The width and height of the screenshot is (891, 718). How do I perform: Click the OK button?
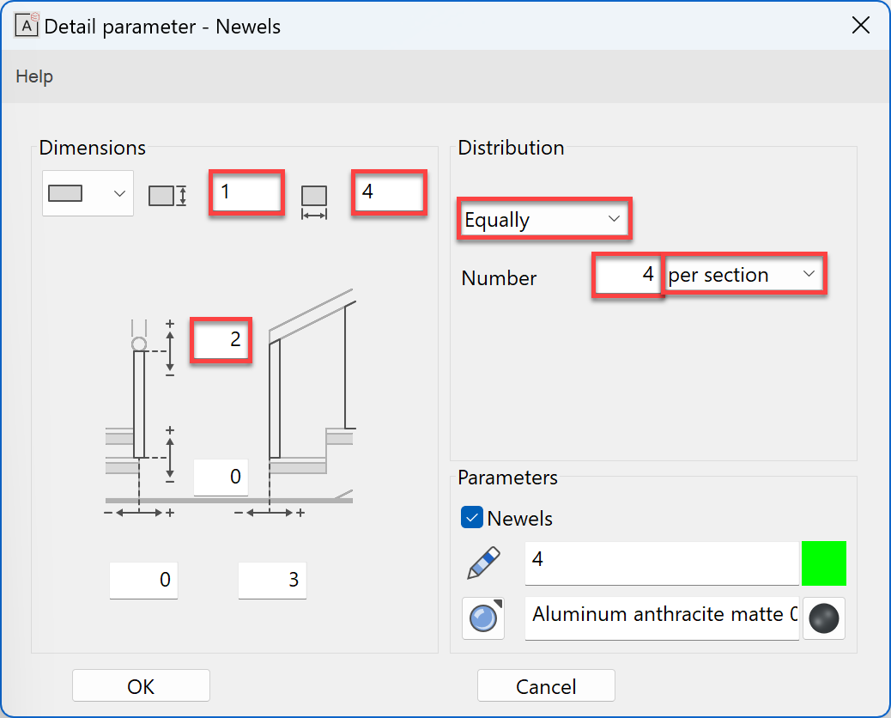(x=141, y=686)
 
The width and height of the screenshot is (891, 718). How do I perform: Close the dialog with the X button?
(x=860, y=25)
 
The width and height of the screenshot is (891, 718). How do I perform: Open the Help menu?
(x=34, y=76)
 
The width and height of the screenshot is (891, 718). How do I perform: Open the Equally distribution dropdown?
(x=545, y=219)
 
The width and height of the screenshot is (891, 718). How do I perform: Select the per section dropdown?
(x=743, y=275)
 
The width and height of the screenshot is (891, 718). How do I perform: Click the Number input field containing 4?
(x=627, y=275)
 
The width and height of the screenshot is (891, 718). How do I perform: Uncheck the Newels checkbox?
(x=472, y=518)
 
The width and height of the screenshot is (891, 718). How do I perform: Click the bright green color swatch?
(x=824, y=563)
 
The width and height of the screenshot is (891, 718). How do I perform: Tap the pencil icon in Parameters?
(x=483, y=563)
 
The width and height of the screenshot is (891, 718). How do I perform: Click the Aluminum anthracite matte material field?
(x=661, y=615)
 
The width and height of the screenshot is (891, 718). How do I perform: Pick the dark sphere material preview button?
(x=824, y=618)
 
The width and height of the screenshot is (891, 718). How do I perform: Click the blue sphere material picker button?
(x=483, y=618)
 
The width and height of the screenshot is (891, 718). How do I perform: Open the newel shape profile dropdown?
(x=88, y=193)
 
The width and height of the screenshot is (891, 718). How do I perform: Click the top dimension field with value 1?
(x=247, y=192)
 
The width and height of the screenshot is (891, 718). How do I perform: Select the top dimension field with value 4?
(x=389, y=192)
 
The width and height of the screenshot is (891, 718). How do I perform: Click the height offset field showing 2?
(x=221, y=339)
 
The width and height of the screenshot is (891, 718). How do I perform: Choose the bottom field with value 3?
(x=272, y=581)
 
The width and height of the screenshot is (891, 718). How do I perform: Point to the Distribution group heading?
(x=511, y=148)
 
